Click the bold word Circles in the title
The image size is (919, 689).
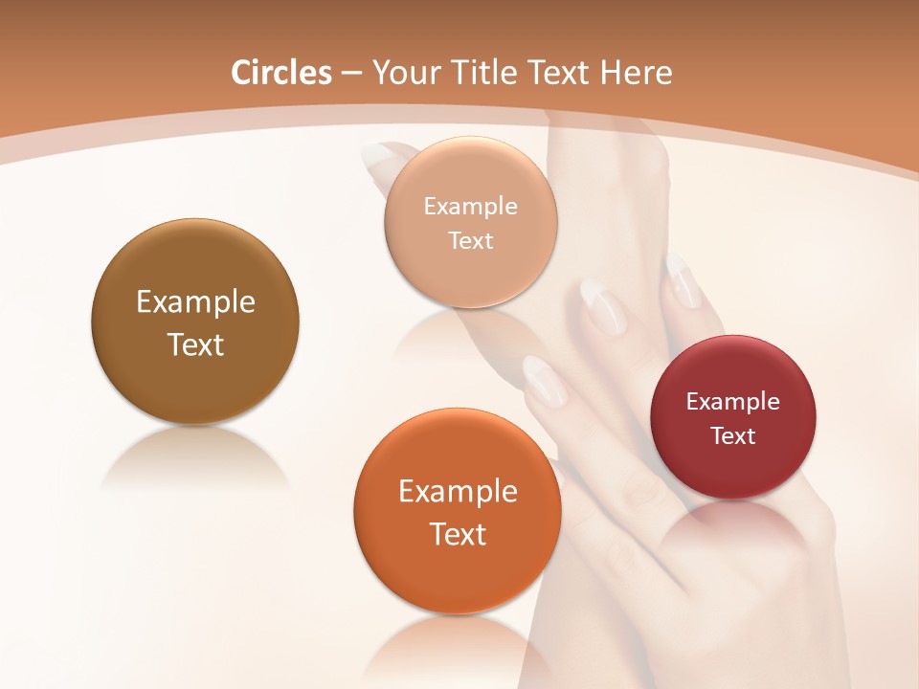pyautogui.click(x=280, y=73)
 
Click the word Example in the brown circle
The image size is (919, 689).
pyautogui.click(x=195, y=302)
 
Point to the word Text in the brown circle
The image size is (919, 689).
pyautogui.click(x=195, y=344)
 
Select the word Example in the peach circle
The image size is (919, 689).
pyautogui.click(x=470, y=206)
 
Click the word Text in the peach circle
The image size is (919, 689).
pyautogui.click(x=470, y=240)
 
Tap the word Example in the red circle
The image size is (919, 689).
pyautogui.click(x=733, y=402)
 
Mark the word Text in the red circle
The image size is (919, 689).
pyautogui.click(x=733, y=436)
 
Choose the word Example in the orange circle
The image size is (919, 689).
pyautogui.click(x=458, y=492)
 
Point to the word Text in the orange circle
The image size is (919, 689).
pyautogui.click(x=458, y=534)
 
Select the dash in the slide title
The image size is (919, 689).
pyautogui.click(x=350, y=74)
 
